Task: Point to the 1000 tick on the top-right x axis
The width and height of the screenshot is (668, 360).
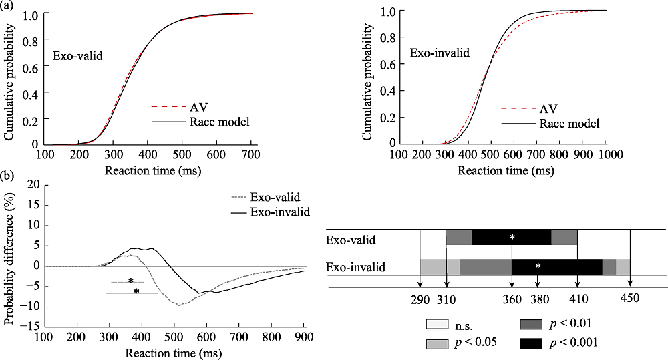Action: point(606,153)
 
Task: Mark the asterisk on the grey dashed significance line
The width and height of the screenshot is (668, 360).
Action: point(131,281)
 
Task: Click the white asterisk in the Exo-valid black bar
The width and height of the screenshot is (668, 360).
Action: point(512,237)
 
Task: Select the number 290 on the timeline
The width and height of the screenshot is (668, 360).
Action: point(420,299)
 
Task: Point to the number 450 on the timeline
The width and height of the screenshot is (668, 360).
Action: point(630,299)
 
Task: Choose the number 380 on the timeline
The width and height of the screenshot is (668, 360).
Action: point(538,299)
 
